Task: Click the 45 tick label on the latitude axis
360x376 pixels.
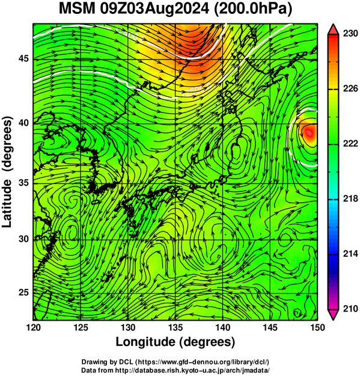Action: [23, 59]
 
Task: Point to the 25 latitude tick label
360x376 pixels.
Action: [23, 293]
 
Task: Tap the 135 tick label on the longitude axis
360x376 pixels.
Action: [175, 327]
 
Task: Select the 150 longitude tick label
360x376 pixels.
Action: [317, 327]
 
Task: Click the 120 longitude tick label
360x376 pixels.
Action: [33, 327]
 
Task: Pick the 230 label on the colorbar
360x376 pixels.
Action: [350, 34]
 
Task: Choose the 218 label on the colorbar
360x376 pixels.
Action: [350, 199]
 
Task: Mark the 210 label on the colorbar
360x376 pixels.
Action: [350, 309]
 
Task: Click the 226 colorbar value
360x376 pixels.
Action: [350, 88]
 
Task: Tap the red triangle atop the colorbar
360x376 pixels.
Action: [333, 29]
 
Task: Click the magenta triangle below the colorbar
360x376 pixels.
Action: [333, 314]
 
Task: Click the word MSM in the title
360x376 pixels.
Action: [77, 9]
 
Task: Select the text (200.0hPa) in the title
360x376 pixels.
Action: [252, 10]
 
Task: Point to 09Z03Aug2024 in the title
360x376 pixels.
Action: [154, 10]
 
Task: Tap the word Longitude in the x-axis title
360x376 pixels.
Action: [145, 342]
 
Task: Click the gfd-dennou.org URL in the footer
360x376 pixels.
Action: [203, 362]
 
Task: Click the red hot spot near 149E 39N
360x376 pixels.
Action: [309, 132]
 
